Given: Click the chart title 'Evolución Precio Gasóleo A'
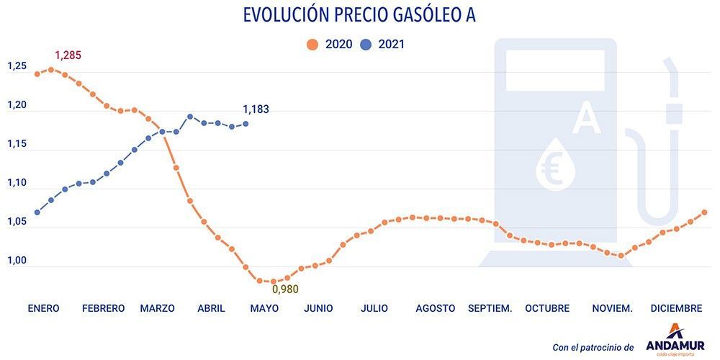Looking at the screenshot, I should (x=360, y=15).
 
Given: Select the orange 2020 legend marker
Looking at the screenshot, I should (x=312, y=45).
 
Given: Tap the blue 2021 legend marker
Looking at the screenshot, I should (x=365, y=45).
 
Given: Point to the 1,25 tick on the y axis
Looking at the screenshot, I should (x=17, y=66).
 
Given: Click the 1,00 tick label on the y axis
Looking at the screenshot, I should (x=17, y=261).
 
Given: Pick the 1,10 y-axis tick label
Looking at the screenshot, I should (x=17, y=183).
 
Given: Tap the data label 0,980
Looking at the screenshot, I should (x=284, y=289).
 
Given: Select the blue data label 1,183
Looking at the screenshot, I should (x=256, y=109).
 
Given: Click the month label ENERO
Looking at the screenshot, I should (x=43, y=308).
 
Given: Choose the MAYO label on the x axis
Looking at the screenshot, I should (x=264, y=308).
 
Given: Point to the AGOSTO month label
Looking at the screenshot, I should (x=435, y=308).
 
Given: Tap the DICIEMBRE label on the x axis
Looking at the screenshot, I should (x=676, y=308).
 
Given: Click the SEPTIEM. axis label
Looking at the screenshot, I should (x=490, y=308).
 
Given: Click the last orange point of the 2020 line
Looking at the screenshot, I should (x=705, y=212).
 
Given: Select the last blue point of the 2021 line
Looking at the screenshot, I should (x=246, y=124).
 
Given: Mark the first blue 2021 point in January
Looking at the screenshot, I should (x=37, y=212).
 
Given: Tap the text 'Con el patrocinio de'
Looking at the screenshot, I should (x=593, y=347).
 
